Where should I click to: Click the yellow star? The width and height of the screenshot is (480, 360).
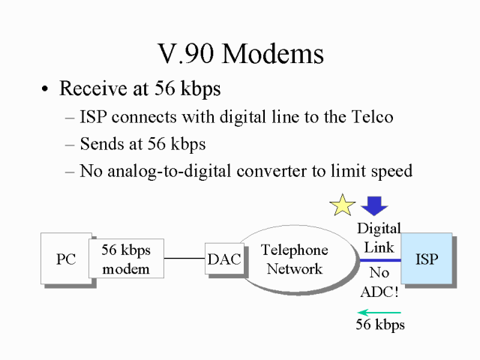pyautogui.click(x=343, y=205)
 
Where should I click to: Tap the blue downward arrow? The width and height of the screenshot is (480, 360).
pyautogui.click(x=373, y=205)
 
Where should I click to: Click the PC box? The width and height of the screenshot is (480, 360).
pyautogui.click(x=65, y=259)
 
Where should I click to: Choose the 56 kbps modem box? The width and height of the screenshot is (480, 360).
pyautogui.click(x=126, y=259)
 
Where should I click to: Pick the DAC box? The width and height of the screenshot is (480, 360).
pyautogui.click(x=224, y=259)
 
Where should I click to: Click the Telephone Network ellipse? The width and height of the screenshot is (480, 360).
pyautogui.click(x=294, y=259)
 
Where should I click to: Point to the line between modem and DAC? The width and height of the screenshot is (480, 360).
pyautogui.click(x=184, y=259)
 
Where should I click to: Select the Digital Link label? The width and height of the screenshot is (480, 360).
pyautogui.click(x=379, y=236)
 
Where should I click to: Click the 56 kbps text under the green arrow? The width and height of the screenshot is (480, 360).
pyautogui.click(x=379, y=325)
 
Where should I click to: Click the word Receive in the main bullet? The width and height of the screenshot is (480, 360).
pyautogui.click(x=89, y=88)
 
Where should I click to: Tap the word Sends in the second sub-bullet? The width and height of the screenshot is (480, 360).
pyautogui.click(x=103, y=144)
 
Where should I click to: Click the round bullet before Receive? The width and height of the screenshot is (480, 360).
pyautogui.click(x=46, y=90)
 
